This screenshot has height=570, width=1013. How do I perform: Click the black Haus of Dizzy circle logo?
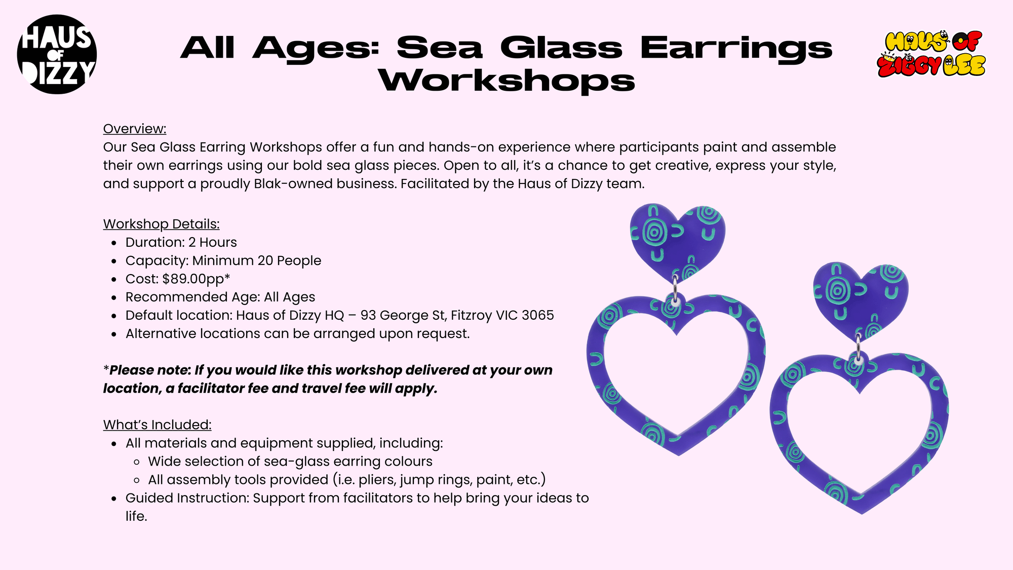pyautogui.click(x=57, y=54)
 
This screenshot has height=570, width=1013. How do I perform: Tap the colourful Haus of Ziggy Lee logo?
pyautogui.click(x=931, y=54)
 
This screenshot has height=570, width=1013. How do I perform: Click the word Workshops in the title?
pyautogui.click(x=506, y=81)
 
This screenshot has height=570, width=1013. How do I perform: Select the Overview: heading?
pyautogui.click(x=135, y=129)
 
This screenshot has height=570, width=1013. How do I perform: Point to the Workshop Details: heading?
pyautogui.click(x=162, y=224)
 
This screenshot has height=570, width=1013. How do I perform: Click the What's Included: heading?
pyautogui.click(x=158, y=425)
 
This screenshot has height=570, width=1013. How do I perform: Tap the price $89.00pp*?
pyautogui.click(x=196, y=279)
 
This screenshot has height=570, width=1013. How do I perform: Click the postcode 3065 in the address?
pyautogui.click(x=538, y=315)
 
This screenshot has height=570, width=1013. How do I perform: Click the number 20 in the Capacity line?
pyautogui.click(x=265, y=260)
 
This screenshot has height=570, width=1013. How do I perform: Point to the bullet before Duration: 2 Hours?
pyautogui.click(x=114, y=243)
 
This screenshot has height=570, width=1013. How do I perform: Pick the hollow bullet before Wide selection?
pyautogui.click(x=137, y=462)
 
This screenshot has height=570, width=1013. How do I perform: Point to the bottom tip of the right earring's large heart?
pyautogui.click(x=862, y=514)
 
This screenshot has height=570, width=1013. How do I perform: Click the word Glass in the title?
pyautogui.click(x=561, y=48)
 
